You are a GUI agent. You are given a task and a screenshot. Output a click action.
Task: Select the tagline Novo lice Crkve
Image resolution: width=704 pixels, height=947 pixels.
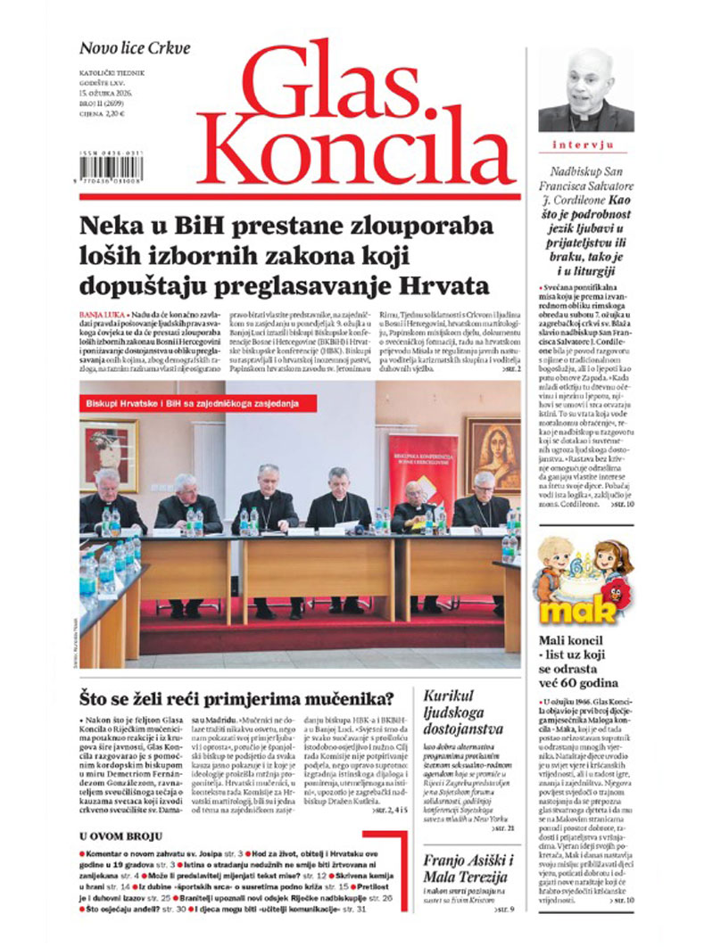coord(135,48)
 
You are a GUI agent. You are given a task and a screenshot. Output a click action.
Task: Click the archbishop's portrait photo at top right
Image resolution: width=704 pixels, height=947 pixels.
coord(585,90)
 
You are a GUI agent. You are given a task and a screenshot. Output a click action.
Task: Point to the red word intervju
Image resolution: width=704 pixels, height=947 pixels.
coord(585,144)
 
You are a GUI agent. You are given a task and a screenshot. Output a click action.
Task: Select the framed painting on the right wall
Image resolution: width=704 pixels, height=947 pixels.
coord(493,454)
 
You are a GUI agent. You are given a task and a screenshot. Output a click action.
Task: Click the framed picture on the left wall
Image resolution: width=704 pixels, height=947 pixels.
coord(108,454)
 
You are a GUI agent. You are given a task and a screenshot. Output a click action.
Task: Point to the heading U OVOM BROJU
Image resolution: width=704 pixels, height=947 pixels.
coord(120,836)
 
